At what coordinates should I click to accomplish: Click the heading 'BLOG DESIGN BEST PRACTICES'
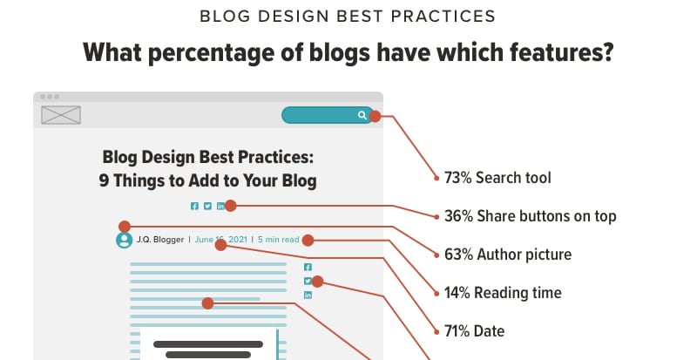[x=348, y=16]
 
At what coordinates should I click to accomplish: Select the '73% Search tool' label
[x=497, y=178]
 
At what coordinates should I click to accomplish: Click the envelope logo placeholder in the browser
[x=61, y=114]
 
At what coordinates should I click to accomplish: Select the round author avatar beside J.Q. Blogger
[x=124, y=239]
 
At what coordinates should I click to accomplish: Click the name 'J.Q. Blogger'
[x=160, y=239]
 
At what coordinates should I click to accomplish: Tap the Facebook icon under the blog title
[x=194, y=206]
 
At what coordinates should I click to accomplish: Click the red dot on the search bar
[x=375, y=115]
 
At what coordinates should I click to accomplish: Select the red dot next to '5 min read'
[x=307, y=239]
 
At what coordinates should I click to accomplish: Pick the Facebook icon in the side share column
[x=308, y=267]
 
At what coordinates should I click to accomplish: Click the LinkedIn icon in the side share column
[x=308, y=295]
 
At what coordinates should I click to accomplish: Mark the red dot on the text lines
[x=207, y=303]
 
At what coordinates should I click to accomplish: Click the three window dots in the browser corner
[x=49, y=96]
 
